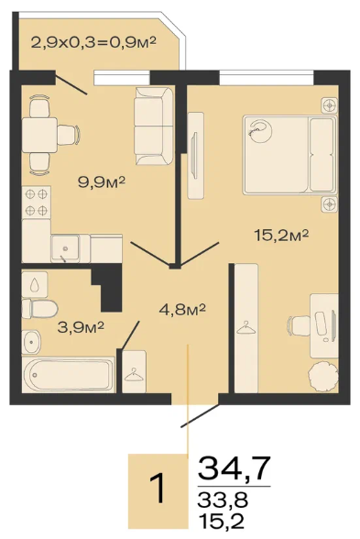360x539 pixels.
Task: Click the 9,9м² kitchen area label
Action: tap(102, 181)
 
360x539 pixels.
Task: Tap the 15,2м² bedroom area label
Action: tap(281, 236)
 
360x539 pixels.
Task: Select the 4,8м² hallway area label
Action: tap(182, 310)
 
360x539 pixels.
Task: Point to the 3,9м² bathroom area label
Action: tap(81, 327)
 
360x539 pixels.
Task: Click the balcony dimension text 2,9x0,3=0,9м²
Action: tap(93, 42)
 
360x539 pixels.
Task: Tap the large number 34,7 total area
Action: tap(235, 468)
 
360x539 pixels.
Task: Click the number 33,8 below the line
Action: tap(223, 500)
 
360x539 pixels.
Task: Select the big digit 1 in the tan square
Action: tap(158, 488)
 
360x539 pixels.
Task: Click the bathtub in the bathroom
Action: tap(68, 375)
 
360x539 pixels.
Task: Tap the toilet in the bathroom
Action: tap(39, 308)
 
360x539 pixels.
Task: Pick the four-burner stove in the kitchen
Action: tap(36, 202)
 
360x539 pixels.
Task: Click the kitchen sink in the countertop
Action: tap(65, 248)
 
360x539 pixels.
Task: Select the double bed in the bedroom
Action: tap(289, 155)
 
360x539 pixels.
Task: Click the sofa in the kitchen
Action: tap(154, 126)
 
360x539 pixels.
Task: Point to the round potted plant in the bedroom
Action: tap(323, 376)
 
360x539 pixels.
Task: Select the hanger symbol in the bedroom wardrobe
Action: tap(245, 327)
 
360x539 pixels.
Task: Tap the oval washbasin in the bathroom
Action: tap(31, 342)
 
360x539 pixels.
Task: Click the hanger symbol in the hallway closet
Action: tap(134, 375)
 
